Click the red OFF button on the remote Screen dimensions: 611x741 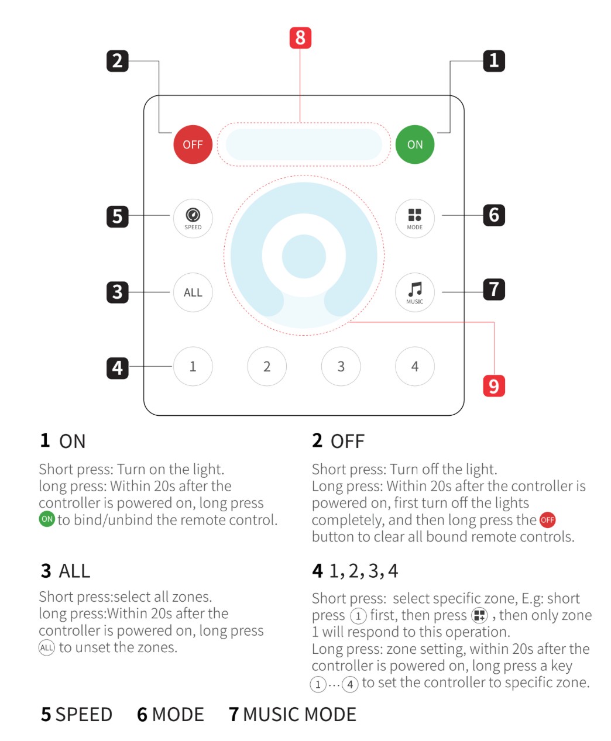point(193,144)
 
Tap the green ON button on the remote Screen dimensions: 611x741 point(414,144)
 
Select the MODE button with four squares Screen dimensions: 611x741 point(414,218)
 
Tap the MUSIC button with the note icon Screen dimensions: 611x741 point(414,292)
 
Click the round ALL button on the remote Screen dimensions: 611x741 point(193,292)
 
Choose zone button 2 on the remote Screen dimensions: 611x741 point(267,366)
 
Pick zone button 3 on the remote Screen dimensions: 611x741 point(341,366)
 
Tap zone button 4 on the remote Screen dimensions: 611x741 point(414,366)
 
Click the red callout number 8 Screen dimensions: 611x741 point(300,37)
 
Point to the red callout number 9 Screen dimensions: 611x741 point(494,386)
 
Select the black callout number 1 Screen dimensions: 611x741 point(494,61)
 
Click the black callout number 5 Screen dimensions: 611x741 point(117,216)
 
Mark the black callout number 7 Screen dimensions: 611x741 point(494,289)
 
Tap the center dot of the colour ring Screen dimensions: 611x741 point(304,256)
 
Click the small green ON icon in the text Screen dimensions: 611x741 point(47,519)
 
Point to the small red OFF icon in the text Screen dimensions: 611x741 point(547,520)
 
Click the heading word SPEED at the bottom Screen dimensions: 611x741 point(84,714)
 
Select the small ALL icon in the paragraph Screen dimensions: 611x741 point(47,647)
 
